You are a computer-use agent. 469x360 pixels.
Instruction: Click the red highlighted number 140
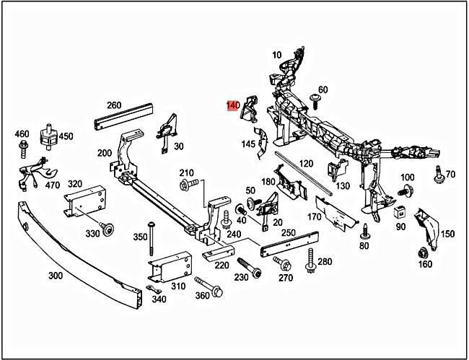point(232,106)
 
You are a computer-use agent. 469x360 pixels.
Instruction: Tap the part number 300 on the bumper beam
point(55,276)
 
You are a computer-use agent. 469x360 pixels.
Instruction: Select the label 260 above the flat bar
point(113,105)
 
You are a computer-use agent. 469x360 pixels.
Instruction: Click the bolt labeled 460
point(22,150)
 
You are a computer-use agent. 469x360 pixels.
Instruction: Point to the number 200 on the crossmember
point(105,153)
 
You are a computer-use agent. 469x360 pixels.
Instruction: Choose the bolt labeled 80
point(365,232)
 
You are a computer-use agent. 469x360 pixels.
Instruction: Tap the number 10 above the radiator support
point(276,55)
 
